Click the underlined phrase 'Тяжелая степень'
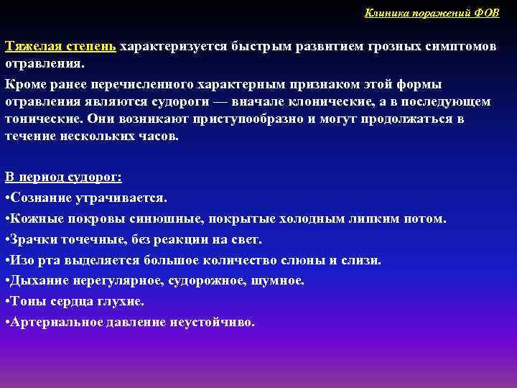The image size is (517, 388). [61, 47]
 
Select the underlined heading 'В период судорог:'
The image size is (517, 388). [63, 177]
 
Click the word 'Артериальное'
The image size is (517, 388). [55, 323]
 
